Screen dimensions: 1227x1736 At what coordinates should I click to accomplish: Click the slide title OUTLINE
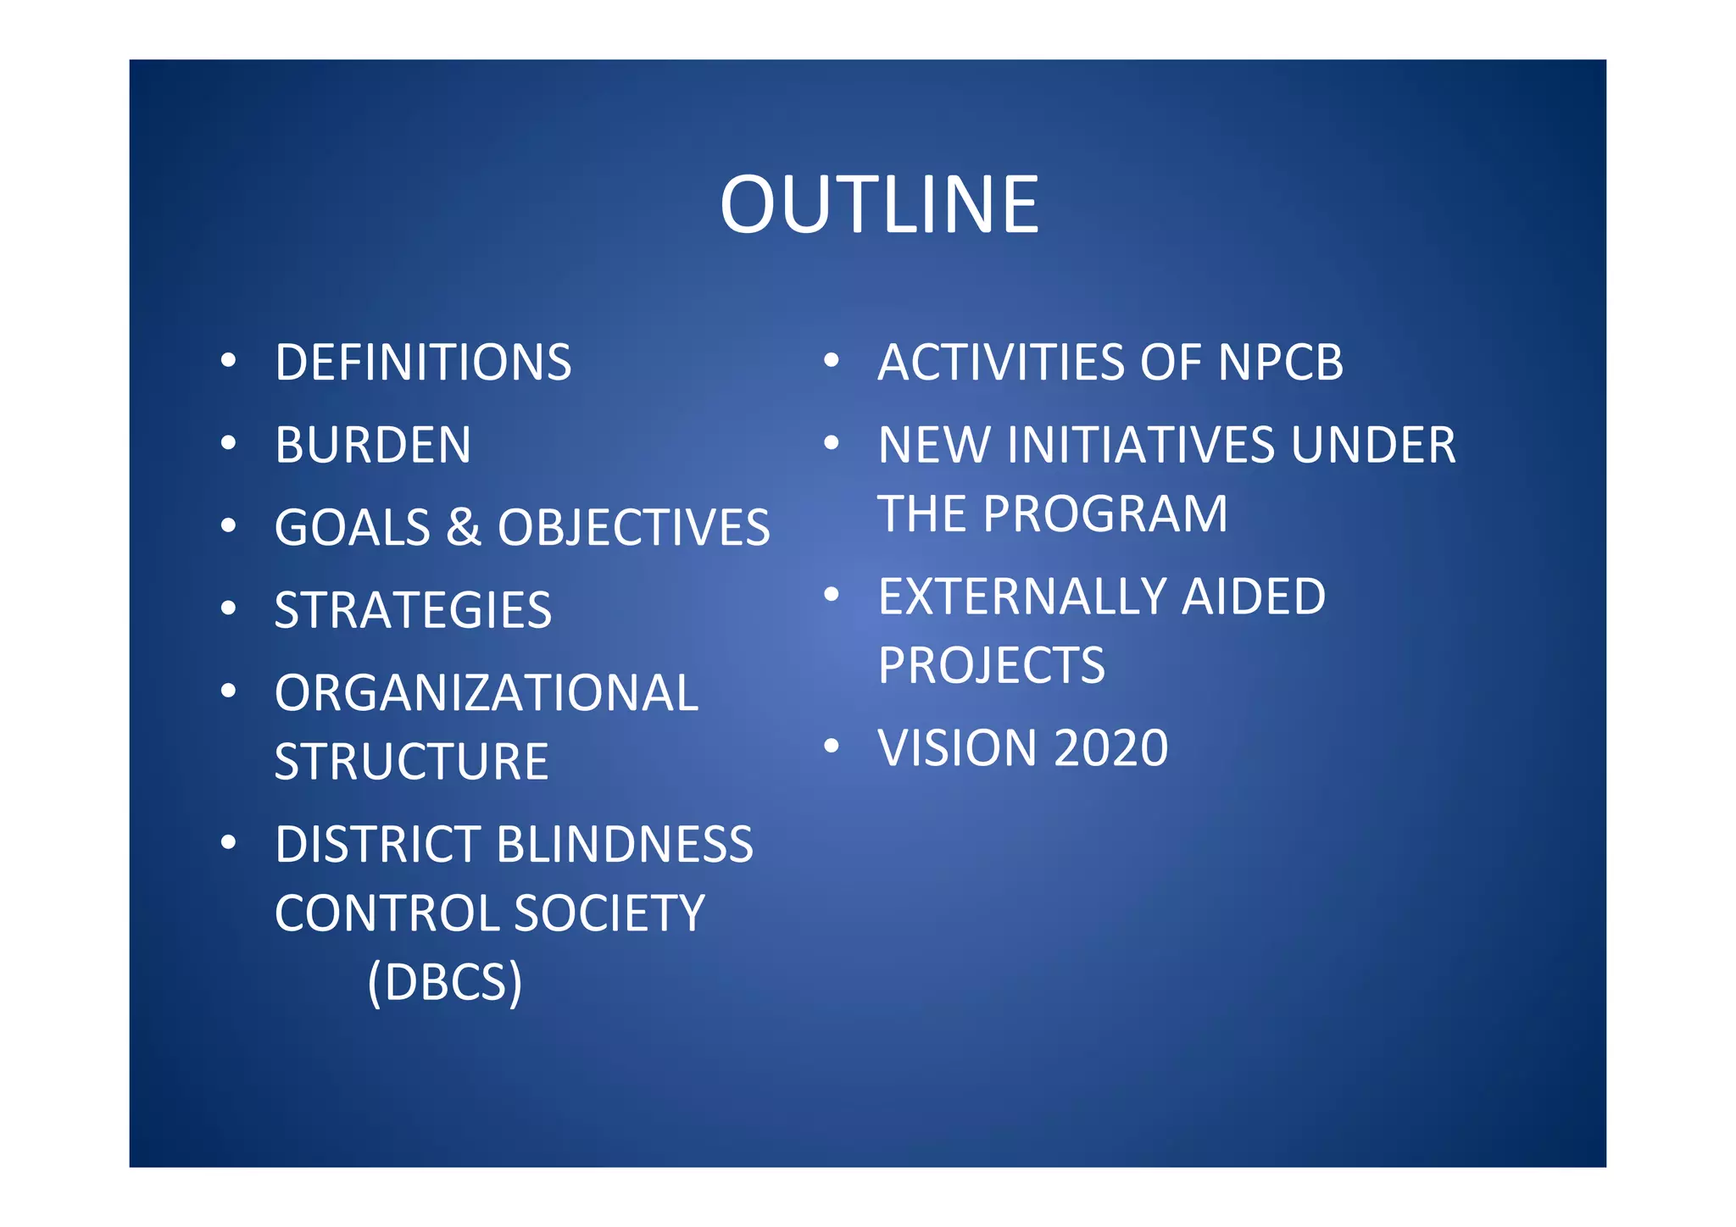879,205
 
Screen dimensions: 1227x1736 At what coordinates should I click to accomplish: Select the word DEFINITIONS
423,363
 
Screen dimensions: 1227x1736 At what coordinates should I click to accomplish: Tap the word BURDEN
373,445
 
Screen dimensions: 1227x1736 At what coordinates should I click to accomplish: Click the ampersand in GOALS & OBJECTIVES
464,527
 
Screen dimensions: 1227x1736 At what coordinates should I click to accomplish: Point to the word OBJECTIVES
633,527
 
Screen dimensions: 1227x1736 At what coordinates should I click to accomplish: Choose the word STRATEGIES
413,610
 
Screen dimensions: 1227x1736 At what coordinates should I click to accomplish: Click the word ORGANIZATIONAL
486,693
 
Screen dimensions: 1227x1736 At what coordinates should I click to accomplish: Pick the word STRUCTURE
411,761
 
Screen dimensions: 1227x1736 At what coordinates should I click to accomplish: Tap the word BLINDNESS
625,844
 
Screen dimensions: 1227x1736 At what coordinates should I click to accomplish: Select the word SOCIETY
609,913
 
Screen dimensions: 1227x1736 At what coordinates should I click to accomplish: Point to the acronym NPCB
1280,363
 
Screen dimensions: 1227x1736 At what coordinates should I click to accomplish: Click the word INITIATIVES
1141,445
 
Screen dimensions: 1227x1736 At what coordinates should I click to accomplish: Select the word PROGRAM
1105,514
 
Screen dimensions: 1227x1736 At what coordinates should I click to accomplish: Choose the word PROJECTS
992,665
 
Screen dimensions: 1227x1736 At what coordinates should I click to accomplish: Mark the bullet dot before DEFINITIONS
228,361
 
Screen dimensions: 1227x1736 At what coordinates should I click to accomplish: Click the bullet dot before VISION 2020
832,746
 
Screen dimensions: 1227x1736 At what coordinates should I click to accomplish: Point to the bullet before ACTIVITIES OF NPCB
832,361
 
